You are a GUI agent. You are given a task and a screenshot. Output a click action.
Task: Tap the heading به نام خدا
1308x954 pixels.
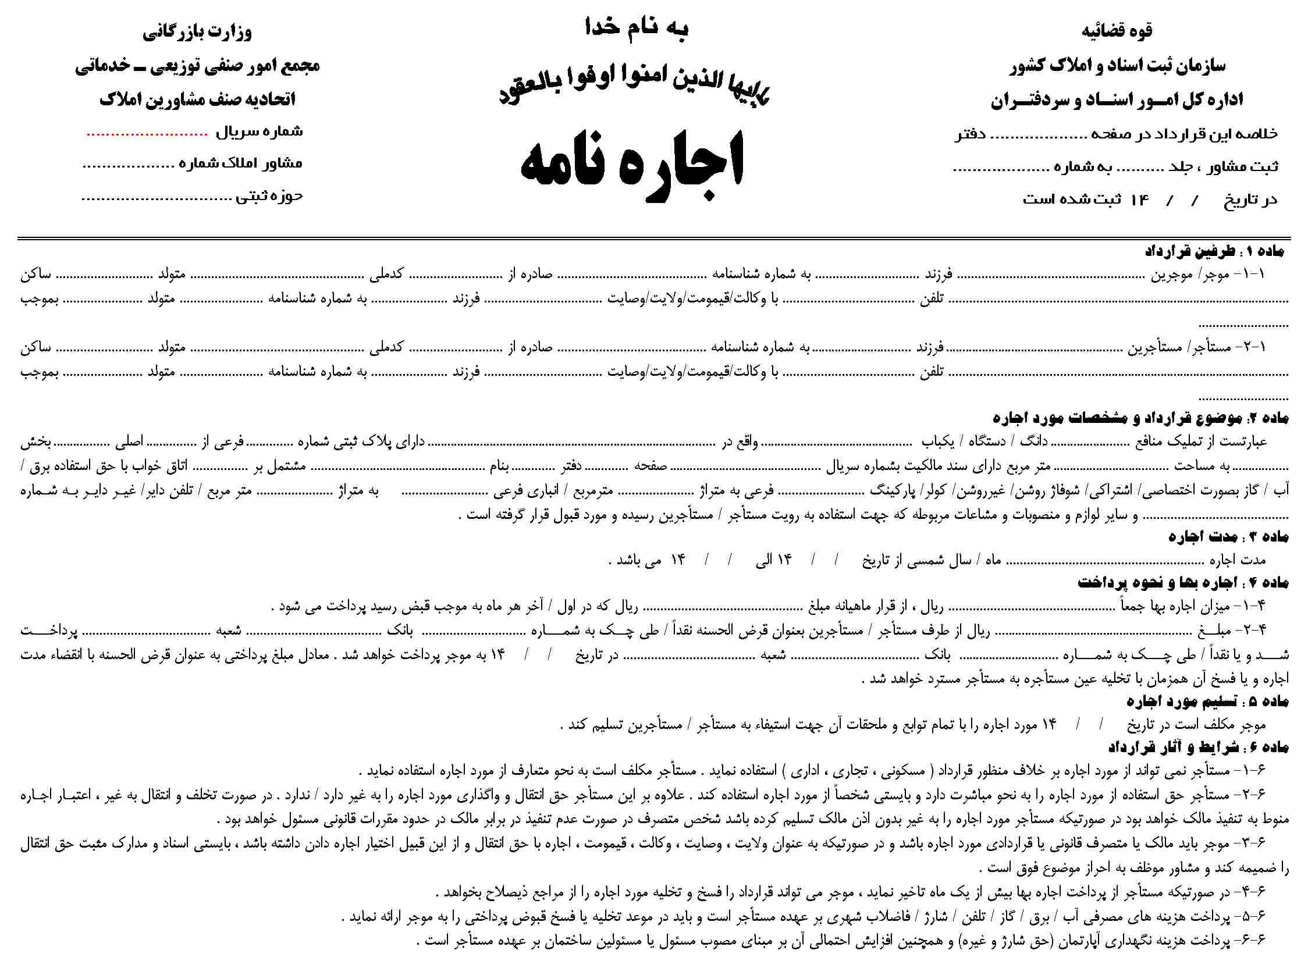coord(637,29)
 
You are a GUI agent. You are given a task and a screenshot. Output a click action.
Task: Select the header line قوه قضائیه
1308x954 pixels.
coord(1117,31)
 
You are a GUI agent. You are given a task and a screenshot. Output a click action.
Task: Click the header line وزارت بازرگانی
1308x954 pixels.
coord(197,31)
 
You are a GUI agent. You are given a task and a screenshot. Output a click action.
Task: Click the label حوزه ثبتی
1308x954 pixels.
coord(269,196)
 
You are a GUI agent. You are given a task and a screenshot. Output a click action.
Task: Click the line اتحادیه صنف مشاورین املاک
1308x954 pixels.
coord(197,99)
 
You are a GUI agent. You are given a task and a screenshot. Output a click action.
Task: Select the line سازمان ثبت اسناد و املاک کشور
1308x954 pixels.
coord(1117,66)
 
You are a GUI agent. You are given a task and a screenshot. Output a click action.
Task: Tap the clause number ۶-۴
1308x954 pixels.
coord(1253,892)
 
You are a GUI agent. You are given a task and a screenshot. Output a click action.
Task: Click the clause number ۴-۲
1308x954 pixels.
coord(1253,630)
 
